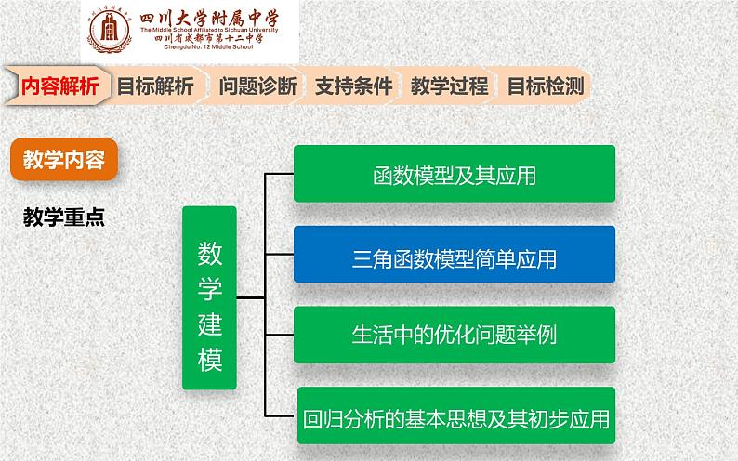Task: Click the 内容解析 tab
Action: point(58,87)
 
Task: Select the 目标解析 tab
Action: point(155,87)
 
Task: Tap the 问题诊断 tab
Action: point(257,87)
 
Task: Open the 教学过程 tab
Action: point(449,87)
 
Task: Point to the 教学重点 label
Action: point(64,217)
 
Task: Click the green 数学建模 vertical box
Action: point(209,297)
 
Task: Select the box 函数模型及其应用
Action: point(455,174)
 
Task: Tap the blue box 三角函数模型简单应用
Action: point(455,255)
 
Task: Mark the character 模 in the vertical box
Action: point(210,359)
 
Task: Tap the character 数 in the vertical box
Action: point(210,253)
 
